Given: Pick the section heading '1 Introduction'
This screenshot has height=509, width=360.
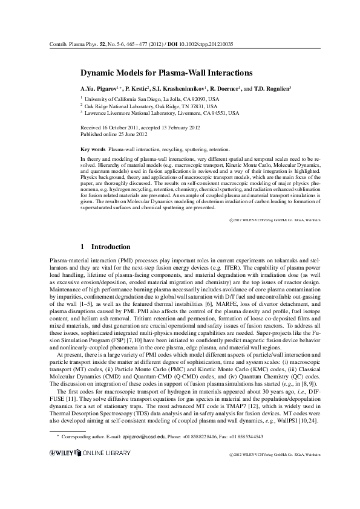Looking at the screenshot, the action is [105, 247].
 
